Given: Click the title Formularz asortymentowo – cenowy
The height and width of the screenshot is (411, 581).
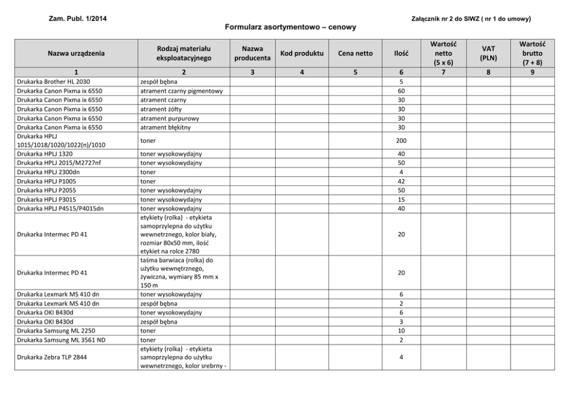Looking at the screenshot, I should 290,27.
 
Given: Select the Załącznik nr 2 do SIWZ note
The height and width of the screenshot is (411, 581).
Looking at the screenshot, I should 471,19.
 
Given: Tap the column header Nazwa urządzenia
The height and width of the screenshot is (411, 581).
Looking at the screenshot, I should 76,53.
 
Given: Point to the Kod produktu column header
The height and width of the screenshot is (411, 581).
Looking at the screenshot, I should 302,53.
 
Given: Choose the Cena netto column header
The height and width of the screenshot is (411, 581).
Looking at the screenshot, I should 355,53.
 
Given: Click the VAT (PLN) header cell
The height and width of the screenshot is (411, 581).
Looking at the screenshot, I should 488,53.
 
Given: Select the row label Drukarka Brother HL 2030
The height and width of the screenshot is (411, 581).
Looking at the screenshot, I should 53,81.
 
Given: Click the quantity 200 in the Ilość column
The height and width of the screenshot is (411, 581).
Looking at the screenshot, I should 401,141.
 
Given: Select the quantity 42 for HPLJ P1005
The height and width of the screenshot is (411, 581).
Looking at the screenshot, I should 401,181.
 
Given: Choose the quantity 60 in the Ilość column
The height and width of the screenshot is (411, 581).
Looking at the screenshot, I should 401,91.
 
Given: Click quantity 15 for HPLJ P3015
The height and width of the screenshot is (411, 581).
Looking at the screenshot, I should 401,200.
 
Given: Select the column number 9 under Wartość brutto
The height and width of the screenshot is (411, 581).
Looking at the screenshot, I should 532,72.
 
